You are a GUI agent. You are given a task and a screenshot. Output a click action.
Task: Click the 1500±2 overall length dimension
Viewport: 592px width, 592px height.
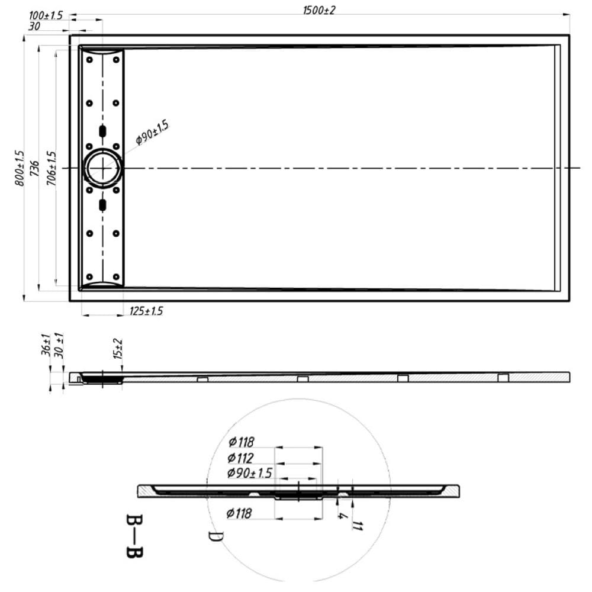coord(319,10)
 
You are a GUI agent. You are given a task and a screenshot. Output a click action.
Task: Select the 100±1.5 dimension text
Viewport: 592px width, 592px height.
coord(46,14)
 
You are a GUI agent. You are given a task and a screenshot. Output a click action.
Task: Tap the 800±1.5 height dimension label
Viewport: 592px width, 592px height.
coord(20,169)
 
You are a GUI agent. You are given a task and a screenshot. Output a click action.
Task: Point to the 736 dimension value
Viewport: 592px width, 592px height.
coord(35,169)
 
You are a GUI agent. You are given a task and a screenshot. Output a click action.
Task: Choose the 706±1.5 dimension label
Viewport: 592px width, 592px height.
coord(52,169)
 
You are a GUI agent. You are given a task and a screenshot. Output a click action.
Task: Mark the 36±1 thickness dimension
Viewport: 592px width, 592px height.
coord(46,344)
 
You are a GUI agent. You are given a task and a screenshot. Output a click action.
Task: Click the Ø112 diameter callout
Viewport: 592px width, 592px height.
coord(241,458)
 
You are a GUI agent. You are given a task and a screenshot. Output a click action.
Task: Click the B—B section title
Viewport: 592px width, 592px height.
coord(134,536)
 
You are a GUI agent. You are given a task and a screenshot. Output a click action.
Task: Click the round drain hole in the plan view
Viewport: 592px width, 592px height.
coord(103,168)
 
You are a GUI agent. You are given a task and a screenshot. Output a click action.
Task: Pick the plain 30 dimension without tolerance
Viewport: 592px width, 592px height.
coord(34,26)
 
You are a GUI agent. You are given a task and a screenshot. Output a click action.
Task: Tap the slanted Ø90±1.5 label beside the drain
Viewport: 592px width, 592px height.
coord(152,131)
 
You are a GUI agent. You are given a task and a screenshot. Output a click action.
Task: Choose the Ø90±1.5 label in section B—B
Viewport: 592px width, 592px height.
coord(249,473)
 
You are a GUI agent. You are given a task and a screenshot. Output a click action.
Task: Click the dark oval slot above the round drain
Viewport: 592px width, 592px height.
coord(103,131)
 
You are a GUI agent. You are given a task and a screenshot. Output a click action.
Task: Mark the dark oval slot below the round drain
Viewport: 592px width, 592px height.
coord(103,205)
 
